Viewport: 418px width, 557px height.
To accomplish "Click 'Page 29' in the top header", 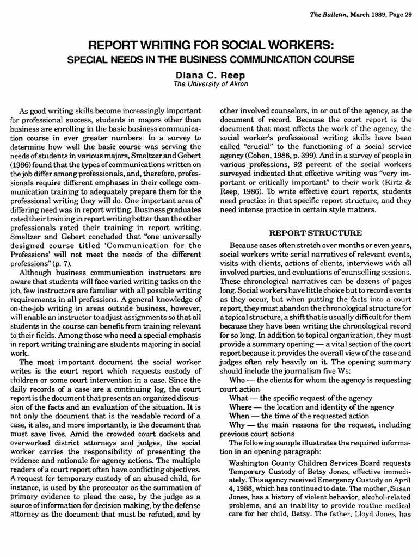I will (x=399, y=5).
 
